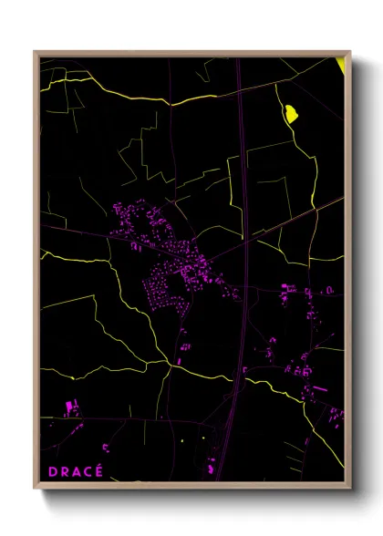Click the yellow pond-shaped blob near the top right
pos(292,114)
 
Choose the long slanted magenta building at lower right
pos(318,389)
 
